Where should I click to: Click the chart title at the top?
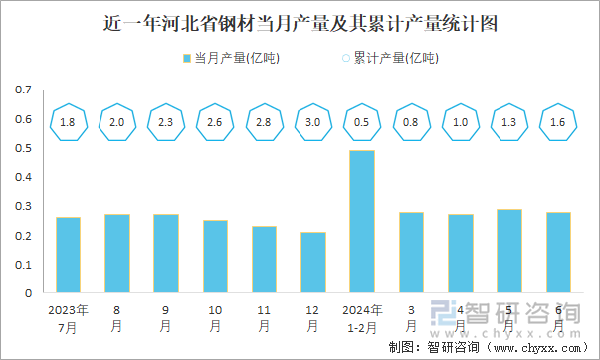tap(300, 21)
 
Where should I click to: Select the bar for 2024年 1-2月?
tap(362, 222)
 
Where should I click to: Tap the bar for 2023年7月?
tap(68, 256)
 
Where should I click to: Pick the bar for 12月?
tap(313, 263)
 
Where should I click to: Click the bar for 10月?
tap(216, 257)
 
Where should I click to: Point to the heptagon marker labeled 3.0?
tap(313, 121)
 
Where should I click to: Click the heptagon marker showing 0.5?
tap(362, 121)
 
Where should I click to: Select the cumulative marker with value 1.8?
tap(68, 121)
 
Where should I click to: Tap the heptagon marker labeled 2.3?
tap(166, 121)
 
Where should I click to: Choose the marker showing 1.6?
tap(558, 121)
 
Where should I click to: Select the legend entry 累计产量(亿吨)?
tap(390, 57)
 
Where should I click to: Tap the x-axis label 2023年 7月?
tap(68, 317)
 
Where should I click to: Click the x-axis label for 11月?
tap(265, 317)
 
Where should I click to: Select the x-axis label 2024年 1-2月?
tap(362, 317)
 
